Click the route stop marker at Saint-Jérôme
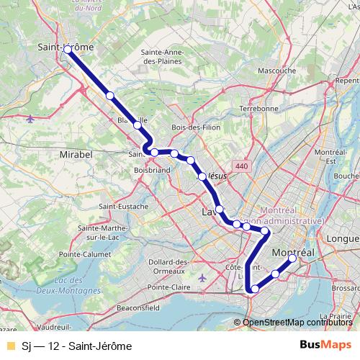tap(68, 50)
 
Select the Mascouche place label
tap(276, 71)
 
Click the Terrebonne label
tap(258, 108)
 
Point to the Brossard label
tap(346, 287)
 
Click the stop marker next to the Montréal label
tap(292, 259)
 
